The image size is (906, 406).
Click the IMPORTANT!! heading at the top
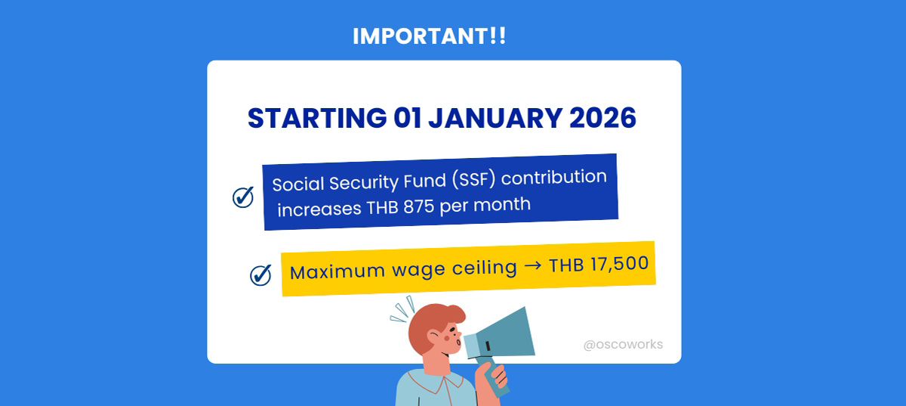coord(429,37)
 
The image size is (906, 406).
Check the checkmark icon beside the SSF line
coord(242,197)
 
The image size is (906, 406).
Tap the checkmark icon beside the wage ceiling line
coord(260,274)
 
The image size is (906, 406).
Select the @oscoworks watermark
coord(623,345)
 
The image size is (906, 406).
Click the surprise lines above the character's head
coord(402,309)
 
